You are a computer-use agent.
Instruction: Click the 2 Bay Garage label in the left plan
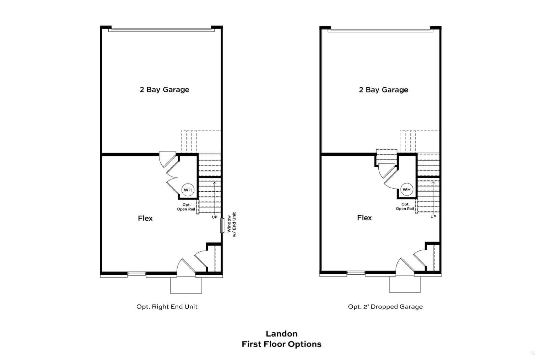(x=164, y=90)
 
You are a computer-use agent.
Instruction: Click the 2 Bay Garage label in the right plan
(x=383, y=90)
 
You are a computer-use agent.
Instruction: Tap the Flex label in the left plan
(x=145, y=218)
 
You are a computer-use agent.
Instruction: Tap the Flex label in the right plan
(x=364, y=218)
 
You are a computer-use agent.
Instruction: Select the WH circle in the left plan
(x=188, y=190)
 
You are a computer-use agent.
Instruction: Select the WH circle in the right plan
(x=407, y=189)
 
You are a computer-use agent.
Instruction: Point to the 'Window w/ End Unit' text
(x=232, y=224)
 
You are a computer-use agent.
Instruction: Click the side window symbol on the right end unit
(x=222, y=225)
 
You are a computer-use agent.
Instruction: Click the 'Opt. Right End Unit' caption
(x=167, y=307)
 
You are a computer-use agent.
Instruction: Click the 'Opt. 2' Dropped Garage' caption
(x=385, y=307)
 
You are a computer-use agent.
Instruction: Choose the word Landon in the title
(x=281, y=334)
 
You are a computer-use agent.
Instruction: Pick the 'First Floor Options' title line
(x=281, y=344)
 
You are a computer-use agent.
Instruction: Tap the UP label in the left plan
(x=215, y=217)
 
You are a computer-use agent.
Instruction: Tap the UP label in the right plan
(x=433, y=217)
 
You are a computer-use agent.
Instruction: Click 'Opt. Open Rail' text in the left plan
(x=186, y=207)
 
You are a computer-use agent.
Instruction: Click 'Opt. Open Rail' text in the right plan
(x=405, y=206)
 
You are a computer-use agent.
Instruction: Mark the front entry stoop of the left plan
(x=186, y=285)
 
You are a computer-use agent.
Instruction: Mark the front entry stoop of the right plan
(x=405, y=284)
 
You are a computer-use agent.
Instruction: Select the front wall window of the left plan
(x=137, y=274)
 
